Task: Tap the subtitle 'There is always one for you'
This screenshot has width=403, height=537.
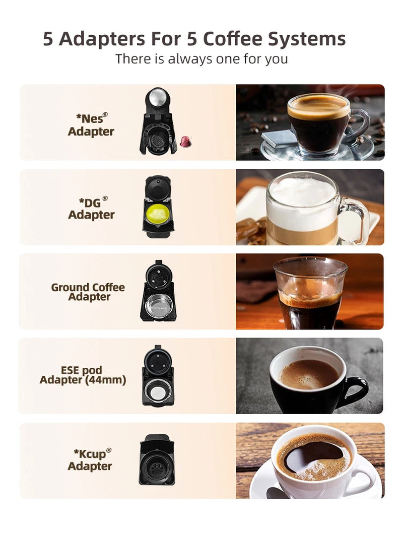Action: pos(201,58)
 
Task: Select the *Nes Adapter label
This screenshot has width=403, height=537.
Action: pos(91,125)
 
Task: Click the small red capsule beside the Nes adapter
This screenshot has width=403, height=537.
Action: pos(184,142)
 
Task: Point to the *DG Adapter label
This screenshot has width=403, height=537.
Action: pos(91,208)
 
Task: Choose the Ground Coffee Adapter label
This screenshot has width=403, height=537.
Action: pos(88,292)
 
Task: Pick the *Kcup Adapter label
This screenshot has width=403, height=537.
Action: pos(90,459)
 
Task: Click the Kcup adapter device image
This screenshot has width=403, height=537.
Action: pos(157,459)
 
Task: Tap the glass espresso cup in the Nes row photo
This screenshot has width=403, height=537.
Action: pos(318,123)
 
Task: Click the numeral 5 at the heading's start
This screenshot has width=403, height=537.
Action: pos(48,39)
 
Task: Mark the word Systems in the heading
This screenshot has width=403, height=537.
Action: pos(309,39)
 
